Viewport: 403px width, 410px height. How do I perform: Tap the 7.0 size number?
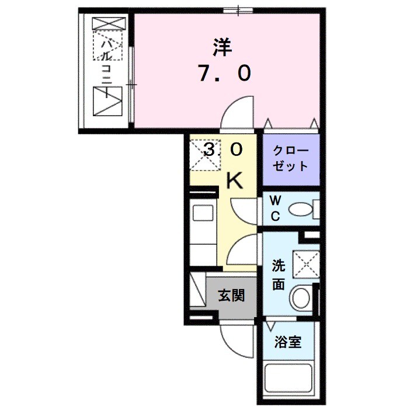point(224,73)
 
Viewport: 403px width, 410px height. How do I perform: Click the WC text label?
point(275,208)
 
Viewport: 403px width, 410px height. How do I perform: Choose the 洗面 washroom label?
point(279,276)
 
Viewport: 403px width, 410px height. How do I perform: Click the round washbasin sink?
point(301,298)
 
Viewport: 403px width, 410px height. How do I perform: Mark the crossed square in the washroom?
point(305,264)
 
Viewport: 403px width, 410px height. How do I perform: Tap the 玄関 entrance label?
point(231,296)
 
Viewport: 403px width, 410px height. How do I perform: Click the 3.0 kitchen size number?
point(222,151)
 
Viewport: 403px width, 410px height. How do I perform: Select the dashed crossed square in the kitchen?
point(202,153)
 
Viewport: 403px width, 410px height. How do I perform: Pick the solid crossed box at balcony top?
point(109,24)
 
